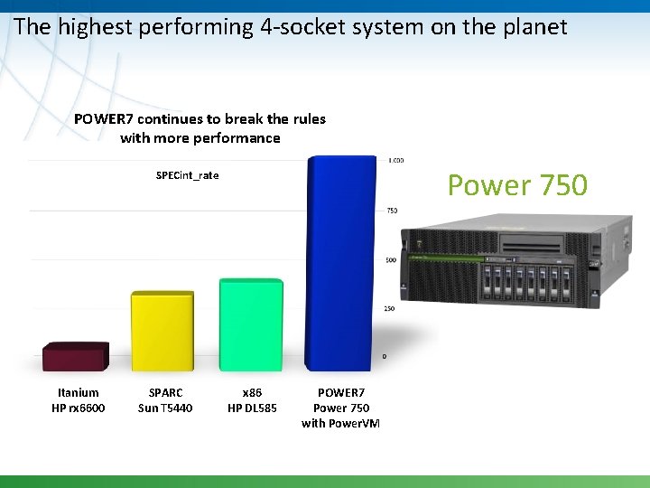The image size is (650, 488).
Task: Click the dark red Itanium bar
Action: click(76, 356)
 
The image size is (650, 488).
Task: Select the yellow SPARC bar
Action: click(162, 331)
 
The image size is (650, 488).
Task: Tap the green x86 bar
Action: click(251, 324)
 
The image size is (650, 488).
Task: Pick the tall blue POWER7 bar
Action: click(339, 263)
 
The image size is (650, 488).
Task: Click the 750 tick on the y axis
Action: click(392, 211)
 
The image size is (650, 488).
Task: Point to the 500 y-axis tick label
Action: click(392, 260)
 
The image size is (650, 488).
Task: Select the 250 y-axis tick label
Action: click(390, 309)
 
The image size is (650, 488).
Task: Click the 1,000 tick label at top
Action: click(395, 161)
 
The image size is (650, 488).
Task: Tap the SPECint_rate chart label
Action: click(187, 175)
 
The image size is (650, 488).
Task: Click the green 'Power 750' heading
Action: click(517, 185)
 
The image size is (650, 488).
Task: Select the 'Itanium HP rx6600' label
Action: click(79, 400)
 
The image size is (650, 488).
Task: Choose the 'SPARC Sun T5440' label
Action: click(165, 400)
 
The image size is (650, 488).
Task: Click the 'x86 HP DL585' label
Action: click(252, 400)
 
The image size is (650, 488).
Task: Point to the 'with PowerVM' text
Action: click(340, 423)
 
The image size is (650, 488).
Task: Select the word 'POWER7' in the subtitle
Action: click(103, 119)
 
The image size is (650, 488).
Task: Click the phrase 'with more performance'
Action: click(200, 138)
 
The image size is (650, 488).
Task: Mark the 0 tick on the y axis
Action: click(385, 356)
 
